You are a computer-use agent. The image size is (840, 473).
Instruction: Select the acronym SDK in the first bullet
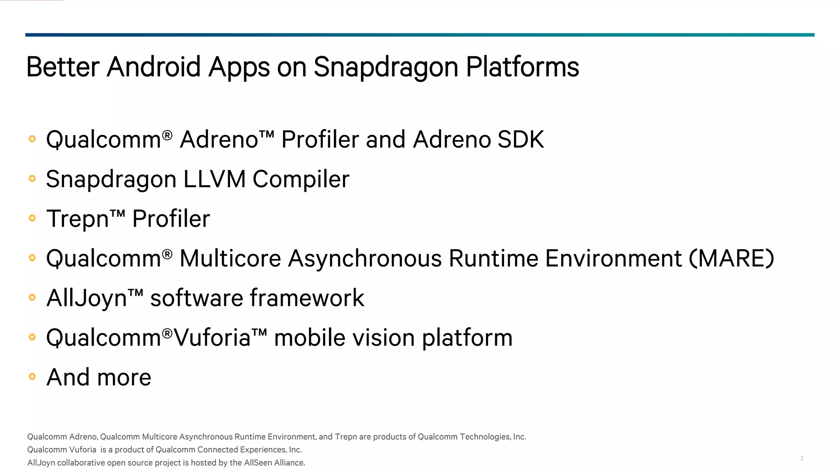click(x=520, y=139)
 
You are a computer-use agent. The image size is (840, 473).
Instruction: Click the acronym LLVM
click(x=214, y=179)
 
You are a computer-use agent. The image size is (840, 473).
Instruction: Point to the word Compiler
click(x=301, y=180)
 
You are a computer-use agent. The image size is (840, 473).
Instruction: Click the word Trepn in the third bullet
click(x=78, y=219)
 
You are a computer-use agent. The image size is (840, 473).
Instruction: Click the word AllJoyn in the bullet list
click(x=87, y=298)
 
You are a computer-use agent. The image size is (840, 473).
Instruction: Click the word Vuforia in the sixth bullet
click(x=212, y=338)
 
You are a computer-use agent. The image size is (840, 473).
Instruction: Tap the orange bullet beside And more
click(x=32, y=377)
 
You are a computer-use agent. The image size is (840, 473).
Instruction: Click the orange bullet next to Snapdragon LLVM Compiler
click(x=32, y=179)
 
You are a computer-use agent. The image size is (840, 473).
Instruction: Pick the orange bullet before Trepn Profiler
click(x=32, y=218)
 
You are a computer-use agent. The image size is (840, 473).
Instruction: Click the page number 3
click(x=801, y=458)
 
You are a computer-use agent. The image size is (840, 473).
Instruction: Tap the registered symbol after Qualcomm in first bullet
click(x=167, y=135)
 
